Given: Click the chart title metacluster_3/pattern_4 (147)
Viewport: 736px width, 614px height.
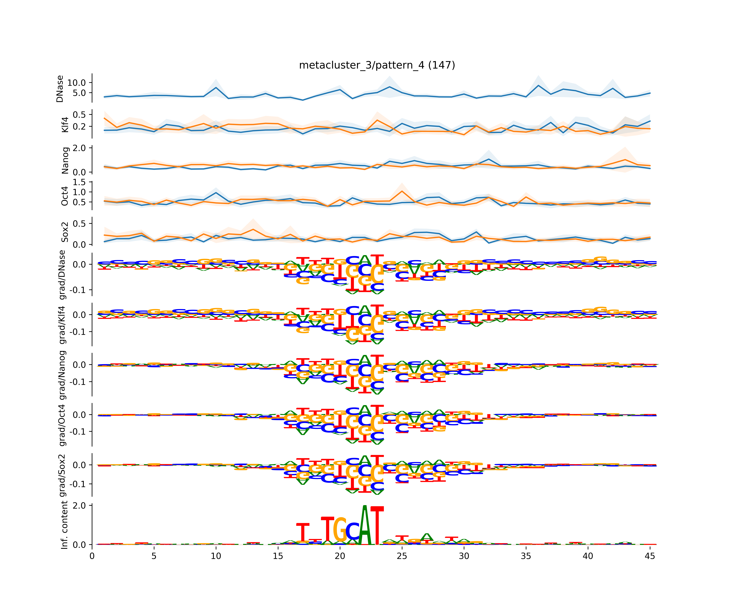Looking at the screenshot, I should point(377,65).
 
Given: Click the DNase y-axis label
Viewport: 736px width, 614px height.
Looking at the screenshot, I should point(60,89).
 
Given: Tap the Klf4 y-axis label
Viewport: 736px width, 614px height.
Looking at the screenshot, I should point(65,125).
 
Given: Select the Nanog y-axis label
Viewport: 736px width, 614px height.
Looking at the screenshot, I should point(65,160).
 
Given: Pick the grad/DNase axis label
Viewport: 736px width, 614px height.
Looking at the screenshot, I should point(62,275).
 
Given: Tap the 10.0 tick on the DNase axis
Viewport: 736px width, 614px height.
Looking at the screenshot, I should point(76,83).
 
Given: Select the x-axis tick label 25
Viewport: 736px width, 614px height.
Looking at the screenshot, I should point(402,556).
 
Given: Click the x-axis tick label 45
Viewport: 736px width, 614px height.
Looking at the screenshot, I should point(650,556).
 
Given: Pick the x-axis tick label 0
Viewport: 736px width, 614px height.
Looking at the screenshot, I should point(92,556).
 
